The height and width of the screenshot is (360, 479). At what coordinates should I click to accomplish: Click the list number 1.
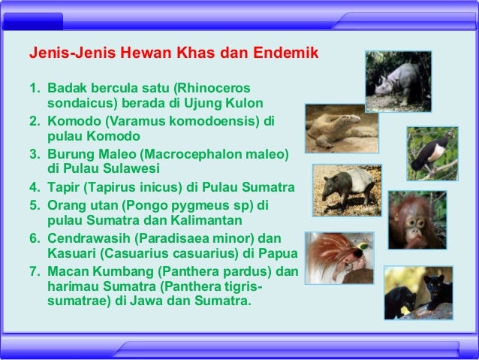tap(33, 89)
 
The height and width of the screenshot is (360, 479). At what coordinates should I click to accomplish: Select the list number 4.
tap(33, 187)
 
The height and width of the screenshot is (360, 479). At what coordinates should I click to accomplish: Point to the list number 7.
tap(33, 270)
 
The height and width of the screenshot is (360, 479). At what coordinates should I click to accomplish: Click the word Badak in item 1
tap(65, 89)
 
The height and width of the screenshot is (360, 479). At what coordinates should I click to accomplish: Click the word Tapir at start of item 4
tap(64, 187)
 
